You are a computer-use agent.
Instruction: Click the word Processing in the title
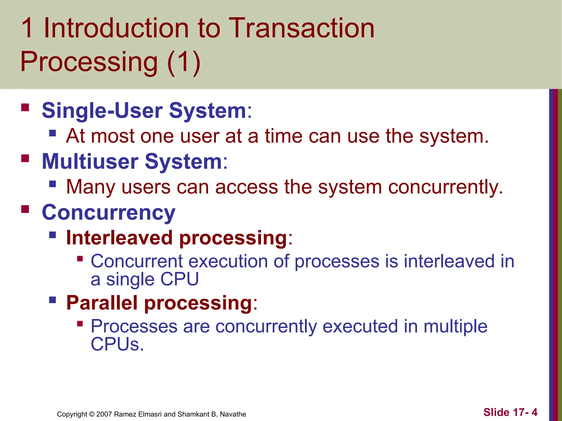point(89,62)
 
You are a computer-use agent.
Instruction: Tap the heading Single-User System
point(144,110)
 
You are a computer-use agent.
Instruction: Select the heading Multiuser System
point(132,161)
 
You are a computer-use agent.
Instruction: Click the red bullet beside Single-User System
point(25,107)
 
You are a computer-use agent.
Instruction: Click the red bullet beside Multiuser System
point(25,158)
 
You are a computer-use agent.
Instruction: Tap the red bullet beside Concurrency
point(25,209)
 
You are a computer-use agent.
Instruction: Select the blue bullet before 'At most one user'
point(53,133)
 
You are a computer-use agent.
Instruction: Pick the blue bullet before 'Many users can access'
point(53,184)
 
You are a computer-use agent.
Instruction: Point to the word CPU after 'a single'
point(179,279)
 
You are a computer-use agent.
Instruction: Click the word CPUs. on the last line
point(117,344)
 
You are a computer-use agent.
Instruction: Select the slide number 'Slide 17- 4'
point(510,412)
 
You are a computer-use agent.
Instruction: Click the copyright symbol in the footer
point(92,414)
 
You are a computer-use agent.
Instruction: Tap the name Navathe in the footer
point(233,414)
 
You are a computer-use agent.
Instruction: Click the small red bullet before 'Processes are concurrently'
point(80,324)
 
